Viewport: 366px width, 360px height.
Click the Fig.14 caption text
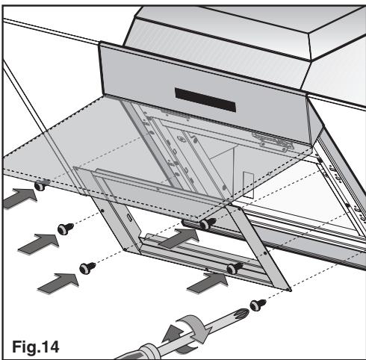pos(36,347)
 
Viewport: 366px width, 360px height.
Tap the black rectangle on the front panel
pos(205,100)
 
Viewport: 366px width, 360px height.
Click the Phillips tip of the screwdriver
pos(241,312)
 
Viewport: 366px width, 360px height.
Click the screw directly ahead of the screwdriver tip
pos(257,305)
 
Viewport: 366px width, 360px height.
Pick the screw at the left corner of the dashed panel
pos(40,186)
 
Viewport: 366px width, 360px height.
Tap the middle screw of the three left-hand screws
pos(65,229)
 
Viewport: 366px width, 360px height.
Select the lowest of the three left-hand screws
pos(87,268)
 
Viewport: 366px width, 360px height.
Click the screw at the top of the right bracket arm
pos(208,223)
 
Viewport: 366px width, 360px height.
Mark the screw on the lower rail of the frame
pos(235,268)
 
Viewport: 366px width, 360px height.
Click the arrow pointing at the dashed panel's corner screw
pos(20,198)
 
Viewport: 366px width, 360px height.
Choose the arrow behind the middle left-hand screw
pos(39,243)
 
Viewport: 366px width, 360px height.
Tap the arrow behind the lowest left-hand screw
pos(58,283)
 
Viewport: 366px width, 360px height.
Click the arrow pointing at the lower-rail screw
pos(208,283)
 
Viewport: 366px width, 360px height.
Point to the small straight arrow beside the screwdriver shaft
pos(173,333)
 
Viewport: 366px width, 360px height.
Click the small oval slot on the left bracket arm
pos(129,217)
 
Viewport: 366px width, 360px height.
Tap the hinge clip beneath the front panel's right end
pos(273,141)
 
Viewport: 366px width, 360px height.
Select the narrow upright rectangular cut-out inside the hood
pos(248,184)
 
